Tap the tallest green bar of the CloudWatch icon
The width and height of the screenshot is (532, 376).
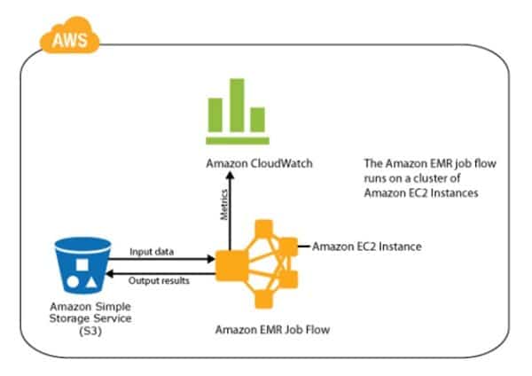click(237, 114)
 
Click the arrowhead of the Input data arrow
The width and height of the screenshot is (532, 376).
click(213, 260)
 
